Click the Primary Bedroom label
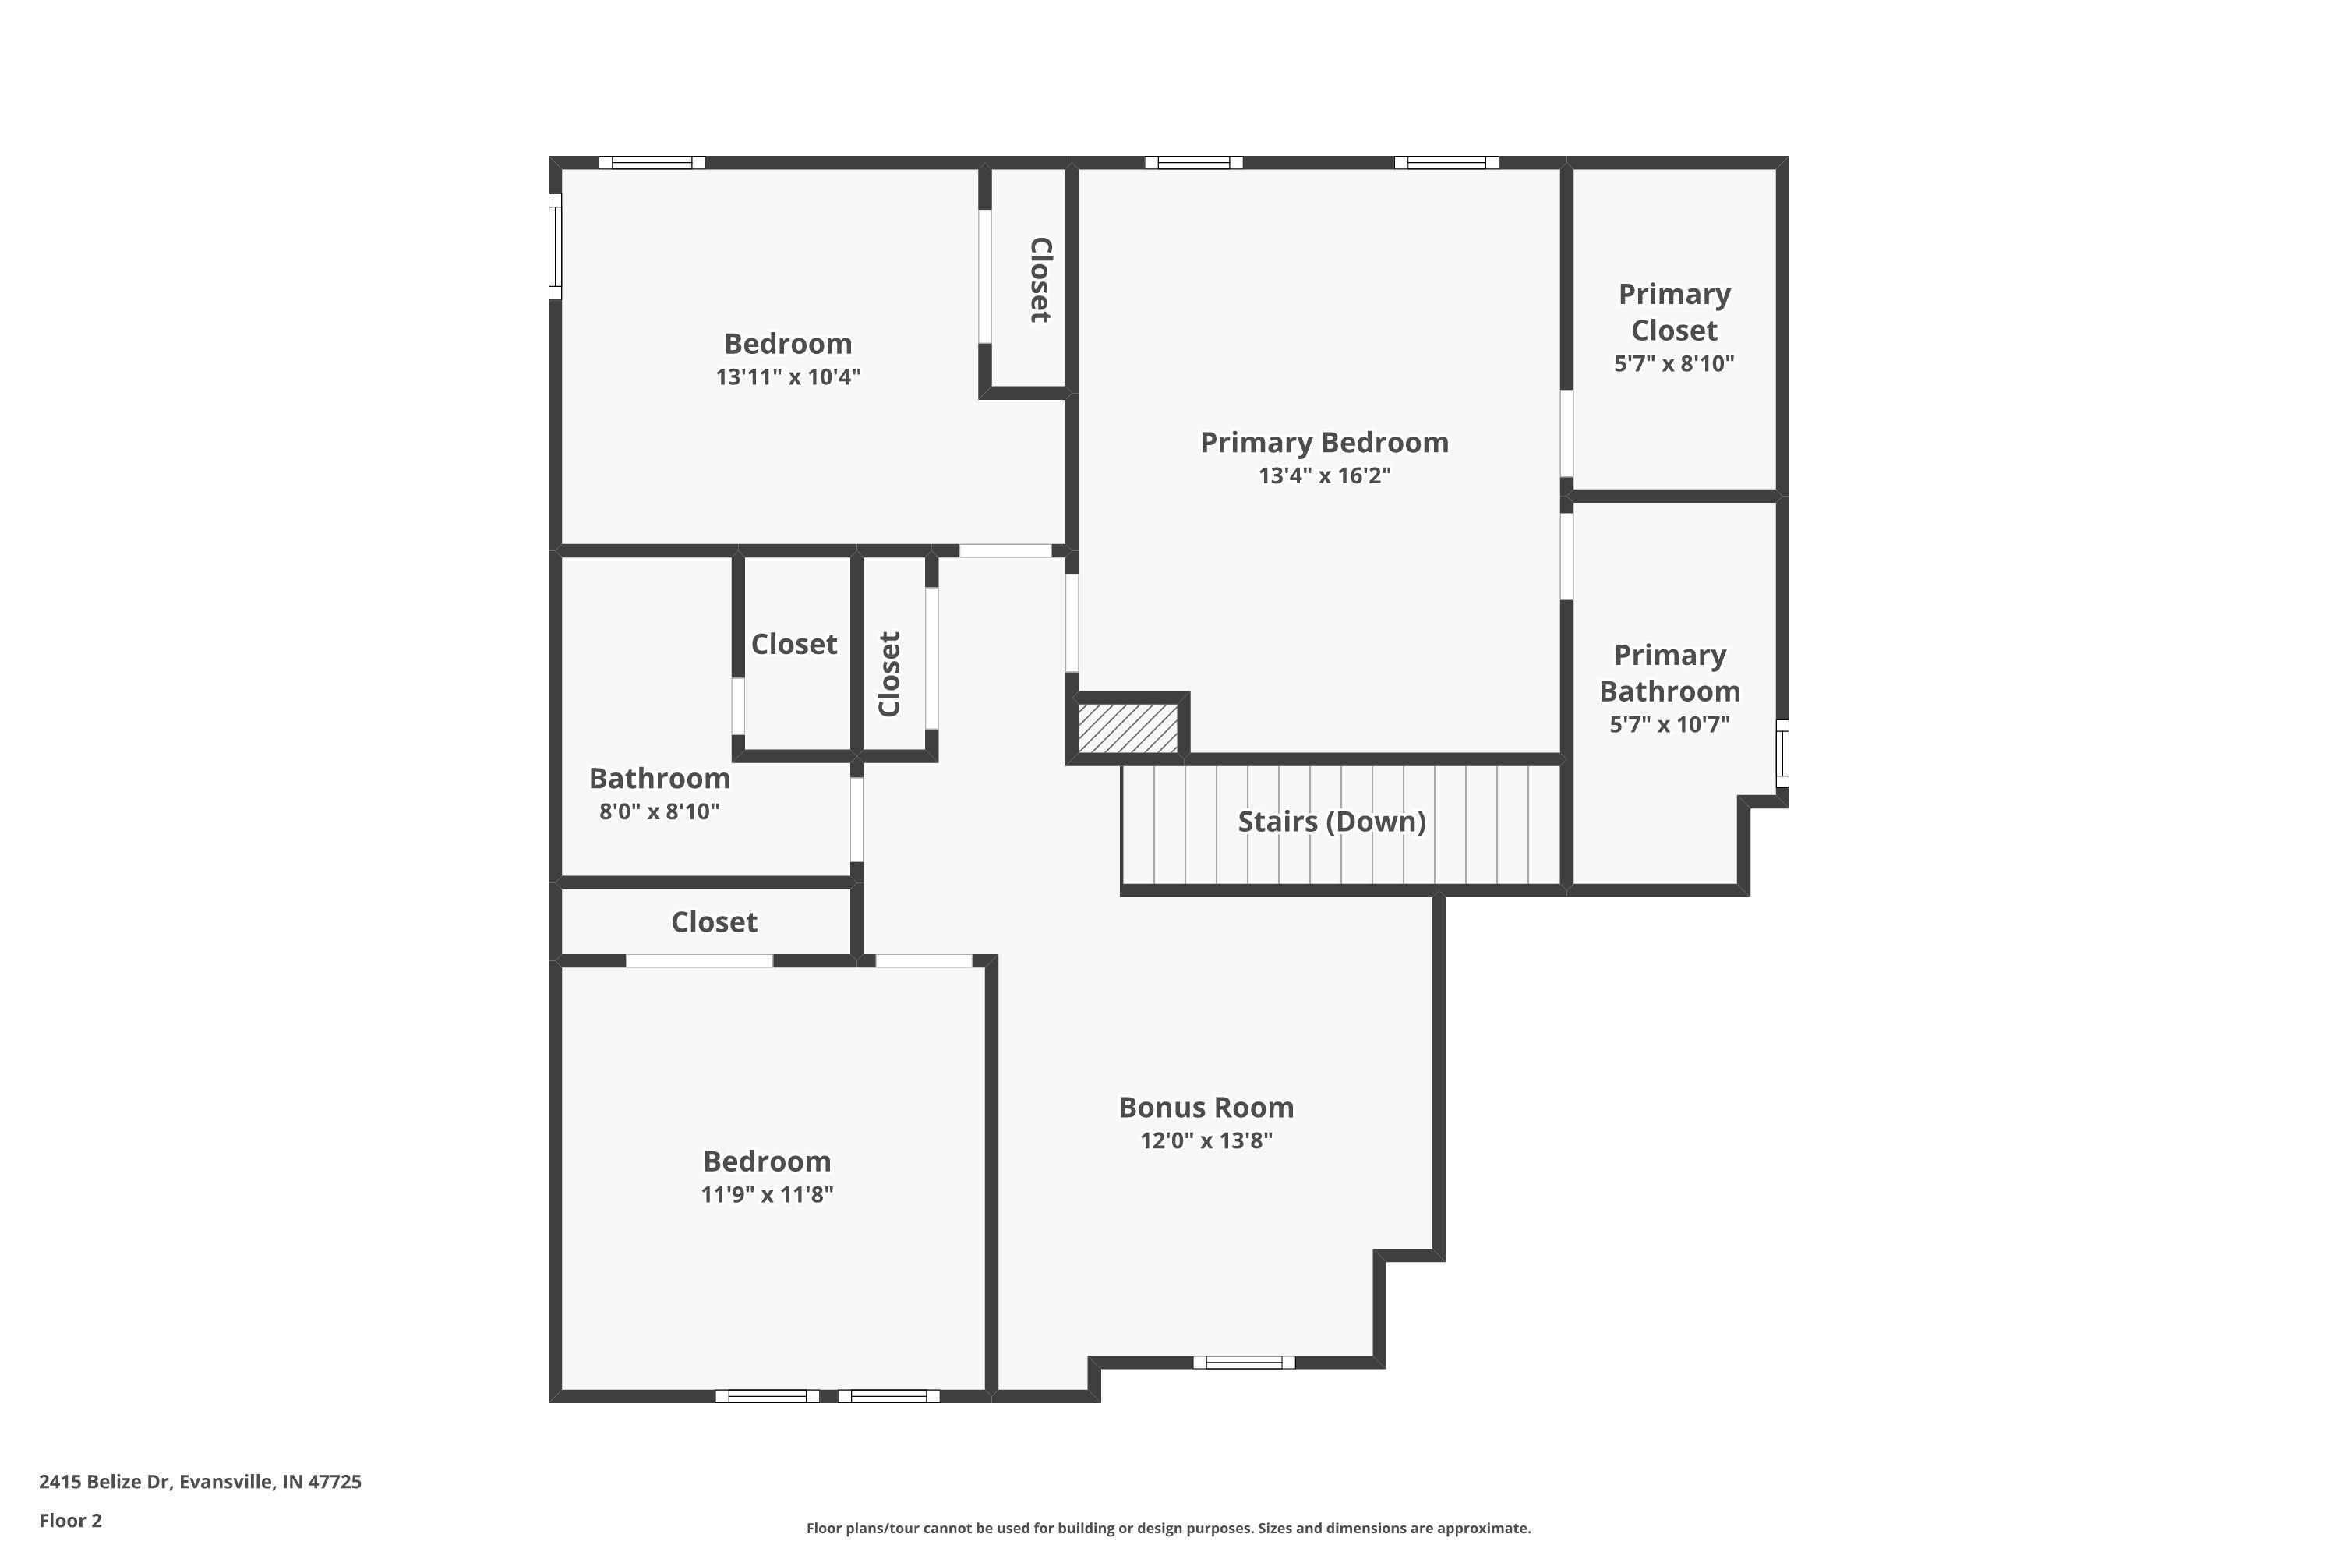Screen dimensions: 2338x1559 [x=1324, y=443]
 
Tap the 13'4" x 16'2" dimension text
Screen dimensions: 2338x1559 [x=1324, y=475]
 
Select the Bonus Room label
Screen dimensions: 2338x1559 [x=1206, y=1107]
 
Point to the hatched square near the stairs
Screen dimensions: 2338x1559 [x=1128, y=728]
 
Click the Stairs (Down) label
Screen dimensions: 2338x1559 [x=1331, y=822]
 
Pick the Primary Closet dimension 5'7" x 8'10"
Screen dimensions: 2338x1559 [x=1674, y=363]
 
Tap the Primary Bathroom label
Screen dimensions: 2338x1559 [x=1670, y=673]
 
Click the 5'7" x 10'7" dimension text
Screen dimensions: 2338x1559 [x=1670, y=724]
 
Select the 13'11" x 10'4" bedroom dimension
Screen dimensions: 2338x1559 [x=788, y=376]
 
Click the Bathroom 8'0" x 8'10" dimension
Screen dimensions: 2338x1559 [x=659, y=811]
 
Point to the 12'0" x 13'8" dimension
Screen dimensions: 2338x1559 [x=1206, y=1140]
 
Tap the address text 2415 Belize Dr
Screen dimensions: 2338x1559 [x=104, y=1482]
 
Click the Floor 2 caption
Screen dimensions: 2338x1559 [x=71, y=1520]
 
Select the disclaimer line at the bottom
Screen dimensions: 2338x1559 [x=1168, y=1528]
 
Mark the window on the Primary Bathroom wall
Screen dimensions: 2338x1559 [x=1782, y=754]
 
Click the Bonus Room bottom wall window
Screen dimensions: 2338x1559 [x=1244, y=1362]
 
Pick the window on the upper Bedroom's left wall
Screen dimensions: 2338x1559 [x=556, y=246]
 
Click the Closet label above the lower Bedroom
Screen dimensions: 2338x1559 [x=714, y=921]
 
